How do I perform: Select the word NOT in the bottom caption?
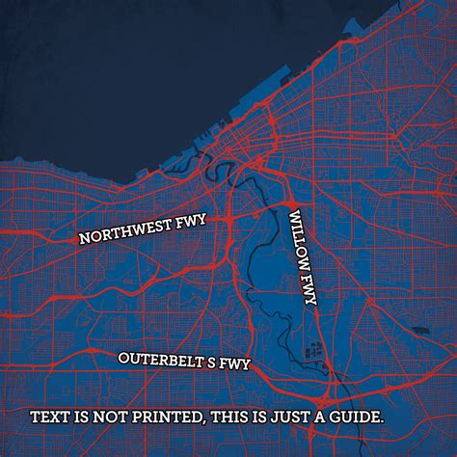pos(109,418)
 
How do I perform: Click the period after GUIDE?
pos(384,423)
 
